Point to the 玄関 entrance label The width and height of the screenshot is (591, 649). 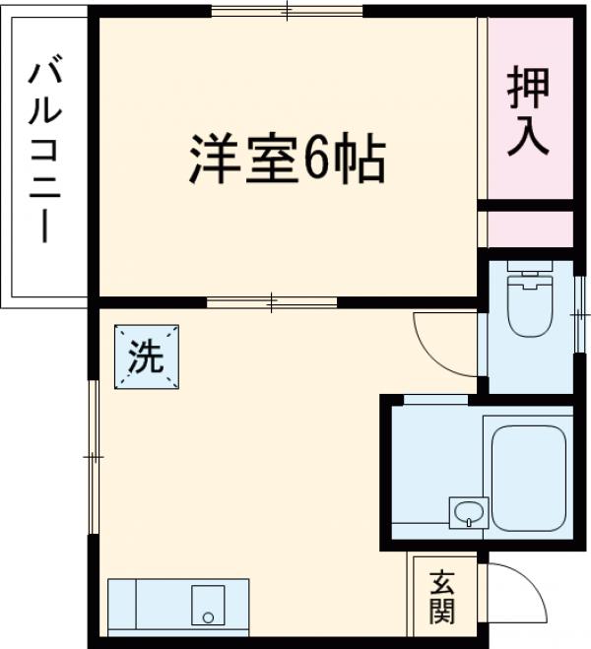[442, 597]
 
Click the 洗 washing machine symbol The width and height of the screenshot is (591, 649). [146, 357]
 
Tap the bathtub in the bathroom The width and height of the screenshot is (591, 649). [529, 478]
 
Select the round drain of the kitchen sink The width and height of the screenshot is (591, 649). [208, 617]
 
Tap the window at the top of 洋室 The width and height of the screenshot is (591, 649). [287, 12]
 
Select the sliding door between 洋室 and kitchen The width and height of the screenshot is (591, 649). [274, 300]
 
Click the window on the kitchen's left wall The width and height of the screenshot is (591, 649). [94, 457]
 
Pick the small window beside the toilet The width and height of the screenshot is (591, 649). [579, 313]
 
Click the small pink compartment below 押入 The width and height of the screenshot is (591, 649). [530, 228]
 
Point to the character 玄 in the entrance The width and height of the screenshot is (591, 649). [442, 581]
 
